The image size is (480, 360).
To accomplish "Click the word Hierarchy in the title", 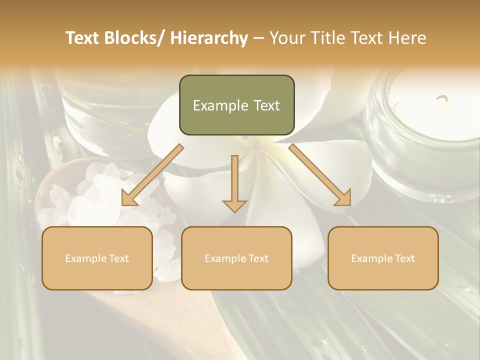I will coord(208,38).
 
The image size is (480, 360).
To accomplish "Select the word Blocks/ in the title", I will coord(134,38).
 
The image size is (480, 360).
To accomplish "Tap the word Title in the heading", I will coord(324,38).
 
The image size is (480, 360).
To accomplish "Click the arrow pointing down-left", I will coord(152,175).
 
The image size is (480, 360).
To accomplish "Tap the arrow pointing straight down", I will coord(234,183).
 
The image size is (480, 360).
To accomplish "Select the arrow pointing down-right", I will coord(320,175).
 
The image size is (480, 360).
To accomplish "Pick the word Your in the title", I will coord(286,38).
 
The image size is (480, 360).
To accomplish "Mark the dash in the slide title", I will coord(258,39).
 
